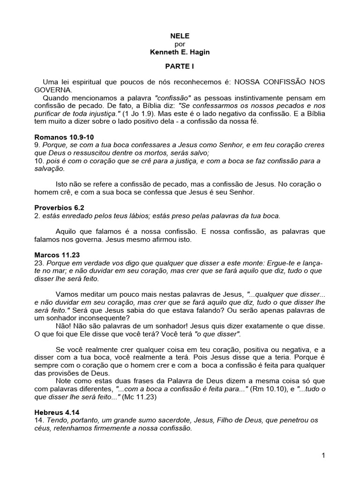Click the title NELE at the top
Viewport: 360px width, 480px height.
(x=180, y=35)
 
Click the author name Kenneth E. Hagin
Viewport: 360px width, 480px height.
(x=180, y=52)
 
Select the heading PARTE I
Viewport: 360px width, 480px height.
(x=180, y=67)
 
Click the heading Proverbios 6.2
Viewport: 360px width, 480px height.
(x=59, y=207)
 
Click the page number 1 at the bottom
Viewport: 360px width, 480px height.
(x=323, y=455)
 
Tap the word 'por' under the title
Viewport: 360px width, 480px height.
(x=180, y=44)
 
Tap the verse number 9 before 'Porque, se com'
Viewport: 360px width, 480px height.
(x=37, y=145)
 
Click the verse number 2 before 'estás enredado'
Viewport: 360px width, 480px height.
(x=37, y=215)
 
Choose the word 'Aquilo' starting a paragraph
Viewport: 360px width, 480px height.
(x=66, y=232)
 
